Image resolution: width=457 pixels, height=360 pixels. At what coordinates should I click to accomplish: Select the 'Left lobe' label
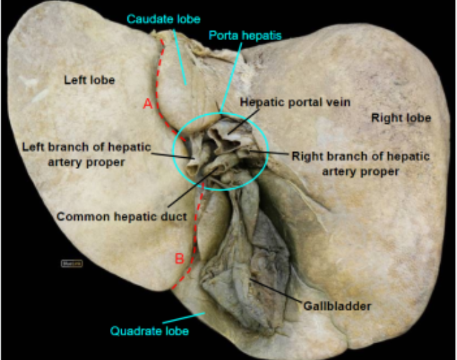coord(89,80)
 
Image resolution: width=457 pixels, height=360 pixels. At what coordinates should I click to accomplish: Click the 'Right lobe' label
coord(401,118)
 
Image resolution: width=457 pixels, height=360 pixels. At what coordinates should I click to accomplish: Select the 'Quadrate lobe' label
coord(149,330)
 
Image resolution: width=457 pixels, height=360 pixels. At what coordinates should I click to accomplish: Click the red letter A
coord(147,104)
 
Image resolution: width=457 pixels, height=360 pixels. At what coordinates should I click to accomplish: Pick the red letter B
coord(179,259)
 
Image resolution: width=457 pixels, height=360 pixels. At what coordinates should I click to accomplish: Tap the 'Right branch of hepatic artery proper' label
coord(361,163)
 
